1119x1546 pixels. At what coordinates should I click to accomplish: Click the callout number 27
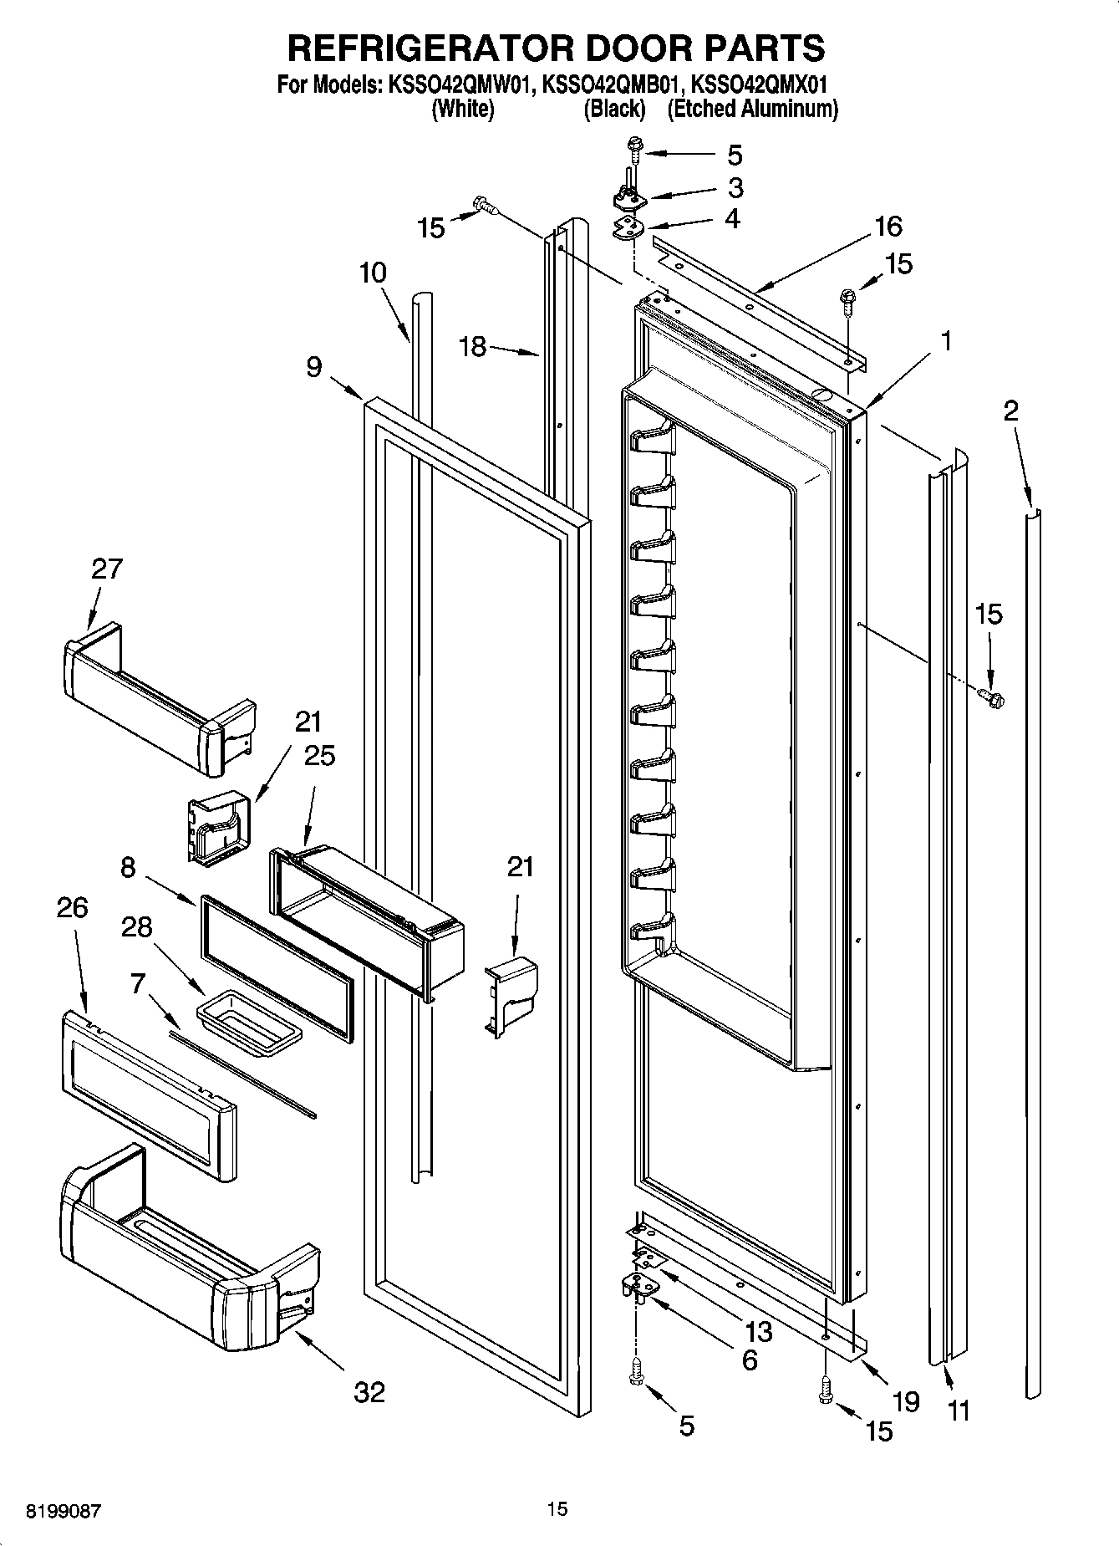coord(106,569)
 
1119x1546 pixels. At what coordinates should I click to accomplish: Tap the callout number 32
coord(369,1392)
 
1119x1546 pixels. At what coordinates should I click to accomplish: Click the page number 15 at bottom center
coord(557,1508)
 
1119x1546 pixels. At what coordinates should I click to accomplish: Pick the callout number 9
coord(313,366)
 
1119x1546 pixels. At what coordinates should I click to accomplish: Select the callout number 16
coord(888,226)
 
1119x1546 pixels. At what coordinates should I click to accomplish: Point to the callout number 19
coord(905,1401)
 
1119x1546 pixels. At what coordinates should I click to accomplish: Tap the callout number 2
coord(1010,411)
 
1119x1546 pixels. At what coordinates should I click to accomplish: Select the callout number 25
coord(319,756)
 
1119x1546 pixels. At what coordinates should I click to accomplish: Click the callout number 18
coord(473,346)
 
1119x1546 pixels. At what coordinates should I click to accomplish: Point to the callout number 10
coord(374,273)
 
